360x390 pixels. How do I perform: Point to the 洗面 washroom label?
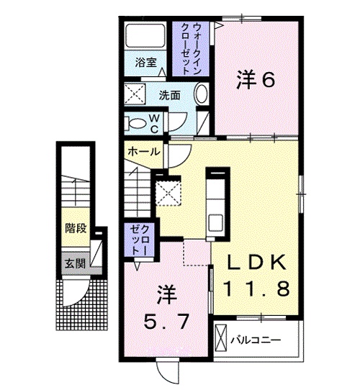170,94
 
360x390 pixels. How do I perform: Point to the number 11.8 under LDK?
256,289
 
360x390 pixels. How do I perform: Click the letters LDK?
256,261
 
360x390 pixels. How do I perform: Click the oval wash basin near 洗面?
202,95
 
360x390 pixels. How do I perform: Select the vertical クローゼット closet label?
138,240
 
